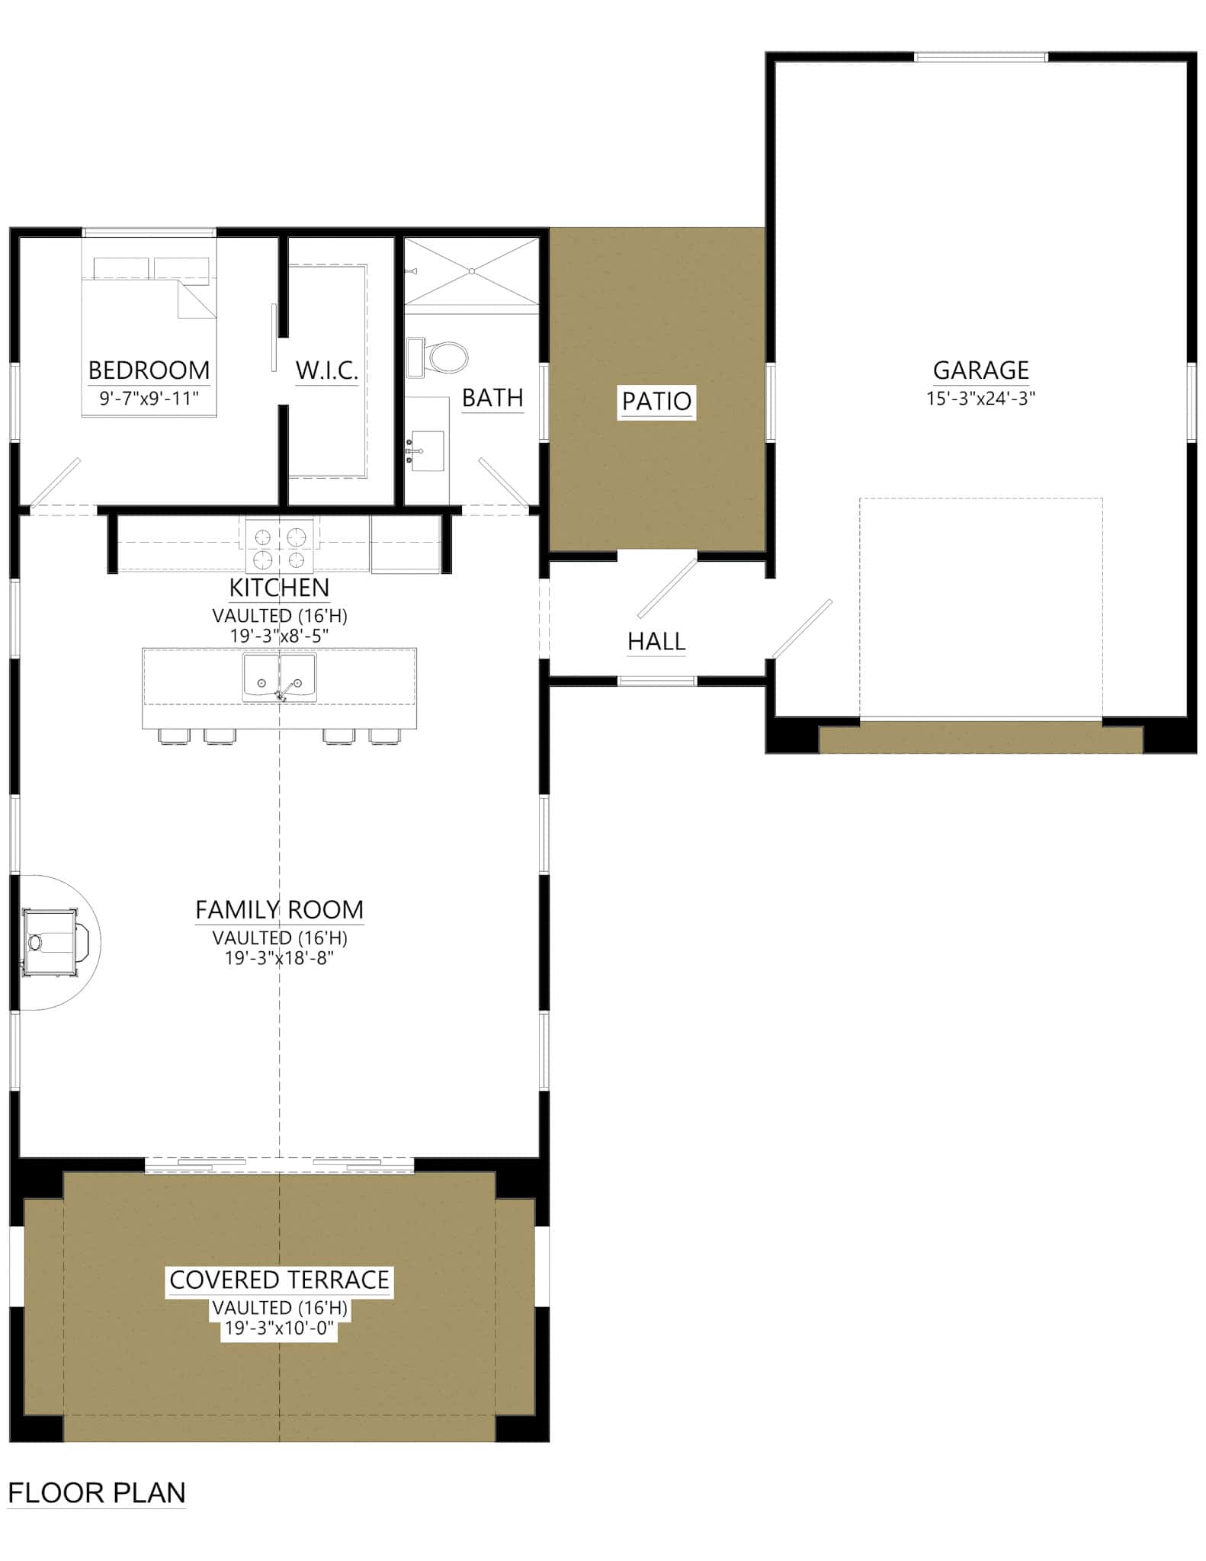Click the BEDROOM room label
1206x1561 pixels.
point(149,370)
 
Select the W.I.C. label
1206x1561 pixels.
point(326,371)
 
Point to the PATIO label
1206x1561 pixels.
point(656,401)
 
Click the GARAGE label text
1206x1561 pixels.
point(980,370)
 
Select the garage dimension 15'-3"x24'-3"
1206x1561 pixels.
point(980,398)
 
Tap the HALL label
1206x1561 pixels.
point(656,642)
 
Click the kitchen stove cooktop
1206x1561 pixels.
point(280,547)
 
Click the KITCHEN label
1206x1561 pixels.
point(280,588)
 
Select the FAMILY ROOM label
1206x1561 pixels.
point(280,910)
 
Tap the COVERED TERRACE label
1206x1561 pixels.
point(280,1280)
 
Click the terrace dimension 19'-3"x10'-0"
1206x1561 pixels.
point(280,1329)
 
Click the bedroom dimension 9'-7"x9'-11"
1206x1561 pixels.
point(149,398)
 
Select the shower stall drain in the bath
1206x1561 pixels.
point(472,271)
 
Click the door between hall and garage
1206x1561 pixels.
point(802,629)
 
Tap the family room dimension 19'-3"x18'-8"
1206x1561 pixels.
point(280,958)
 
